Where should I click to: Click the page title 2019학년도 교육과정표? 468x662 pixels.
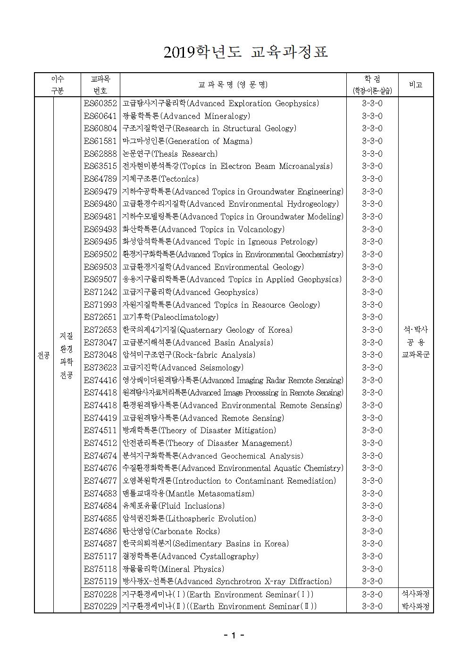245,52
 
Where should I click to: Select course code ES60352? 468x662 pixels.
100,103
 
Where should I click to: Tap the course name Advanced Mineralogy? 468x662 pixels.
186,116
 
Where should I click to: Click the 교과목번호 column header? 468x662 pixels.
100,84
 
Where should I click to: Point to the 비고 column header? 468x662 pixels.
416,84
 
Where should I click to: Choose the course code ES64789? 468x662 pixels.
100,179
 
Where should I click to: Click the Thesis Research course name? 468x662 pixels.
170,154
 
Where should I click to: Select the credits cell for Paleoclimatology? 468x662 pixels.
372,317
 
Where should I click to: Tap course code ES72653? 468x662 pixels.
100,330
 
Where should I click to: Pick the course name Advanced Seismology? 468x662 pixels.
183,368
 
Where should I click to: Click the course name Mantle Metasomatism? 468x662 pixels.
188,494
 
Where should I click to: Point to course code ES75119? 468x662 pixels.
100,581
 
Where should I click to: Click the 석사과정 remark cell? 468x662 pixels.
416,594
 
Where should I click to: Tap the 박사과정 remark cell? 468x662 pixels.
416,606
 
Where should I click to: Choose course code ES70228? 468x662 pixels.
100,594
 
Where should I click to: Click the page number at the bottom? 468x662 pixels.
234,635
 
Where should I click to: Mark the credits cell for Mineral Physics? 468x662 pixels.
372,569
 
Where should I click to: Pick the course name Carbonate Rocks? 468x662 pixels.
171,531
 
